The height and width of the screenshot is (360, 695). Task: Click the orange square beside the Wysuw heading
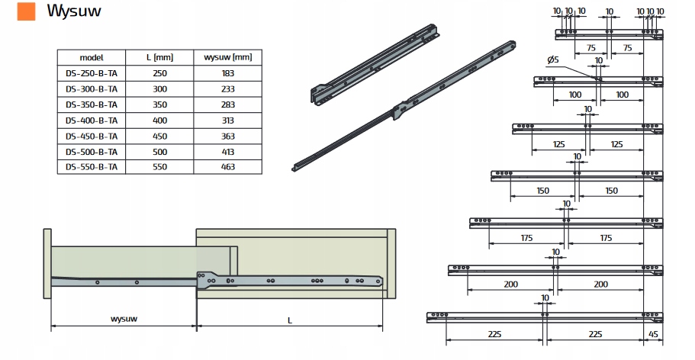[27, 11]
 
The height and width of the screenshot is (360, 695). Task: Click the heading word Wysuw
[74, 11]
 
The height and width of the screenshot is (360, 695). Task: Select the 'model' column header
[91, 58]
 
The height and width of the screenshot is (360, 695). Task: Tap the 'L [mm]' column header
[159, 58]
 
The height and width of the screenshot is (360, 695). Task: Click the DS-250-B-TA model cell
[91, 73]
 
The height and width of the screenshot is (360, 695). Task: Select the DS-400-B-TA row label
[91, 121]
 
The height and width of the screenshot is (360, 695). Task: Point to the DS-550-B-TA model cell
[91, 167]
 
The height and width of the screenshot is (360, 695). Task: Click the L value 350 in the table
[159, 104]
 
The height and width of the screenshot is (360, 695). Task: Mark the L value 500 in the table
[159, 152]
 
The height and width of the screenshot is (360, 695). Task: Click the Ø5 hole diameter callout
[553, 59]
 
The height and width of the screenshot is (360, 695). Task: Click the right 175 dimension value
[607, 238]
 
